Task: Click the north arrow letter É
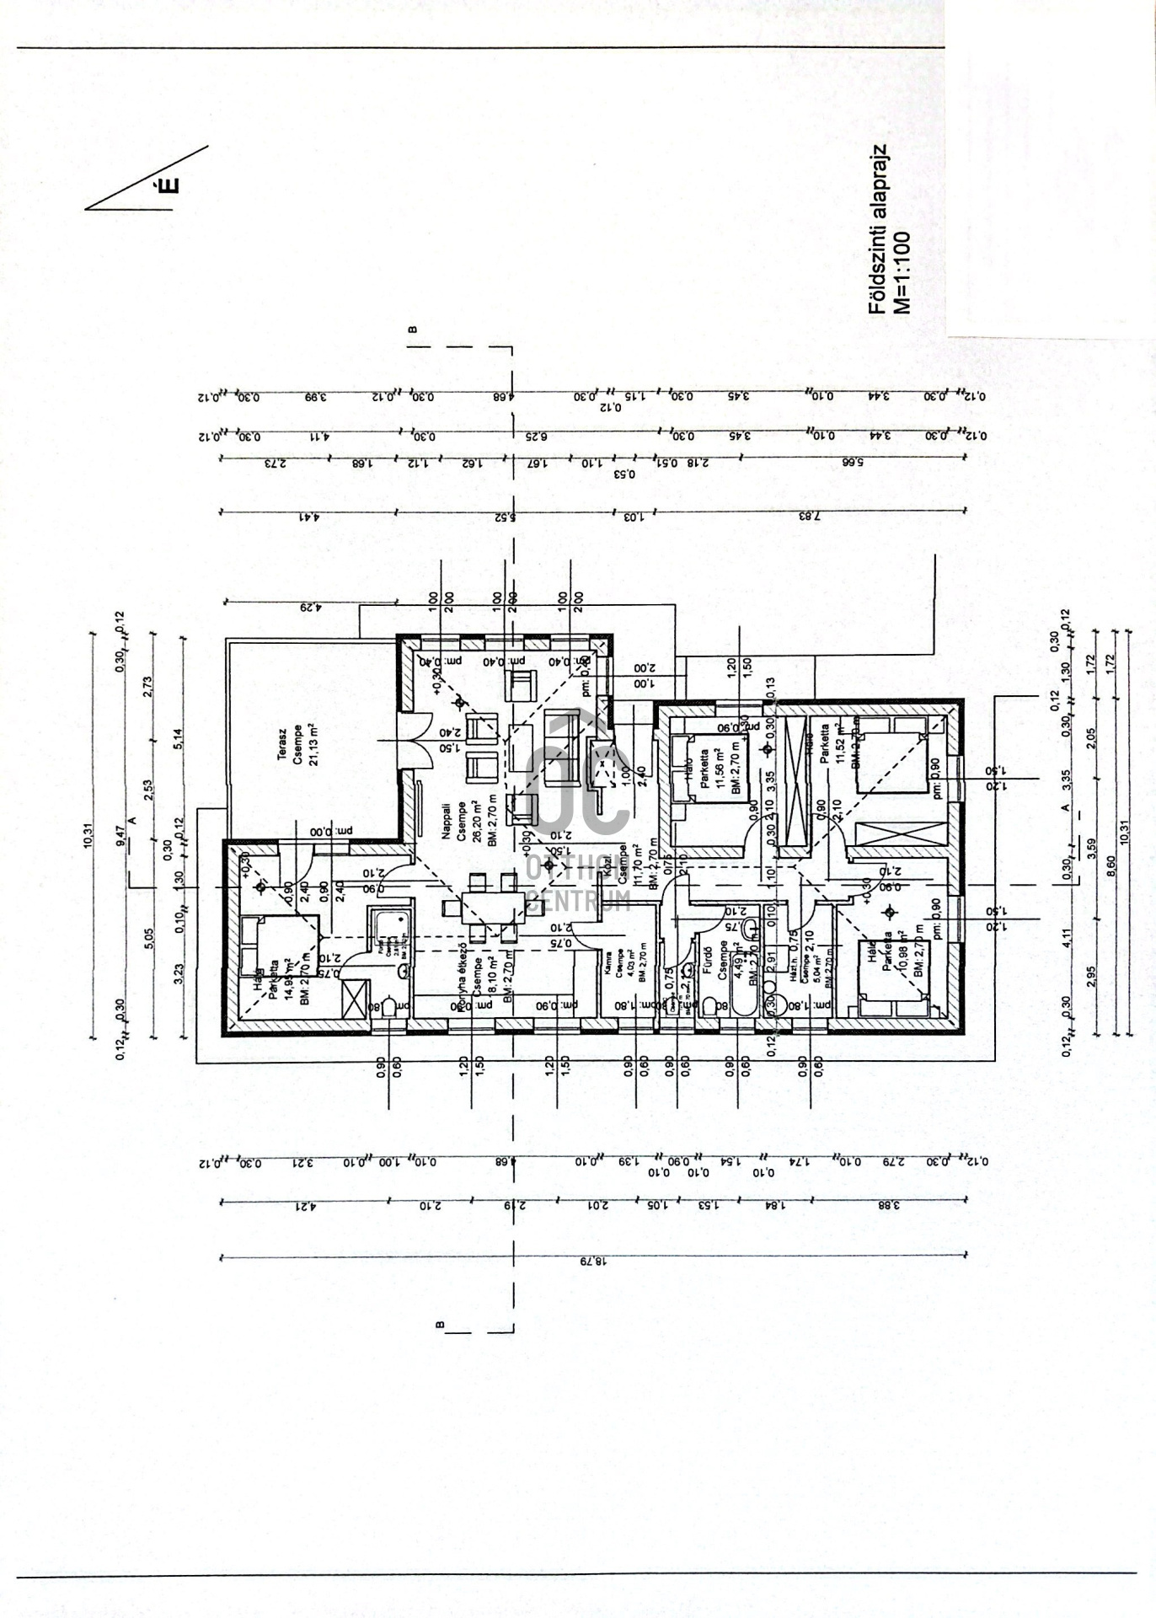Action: point(169,185)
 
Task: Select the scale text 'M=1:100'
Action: point(903,271)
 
